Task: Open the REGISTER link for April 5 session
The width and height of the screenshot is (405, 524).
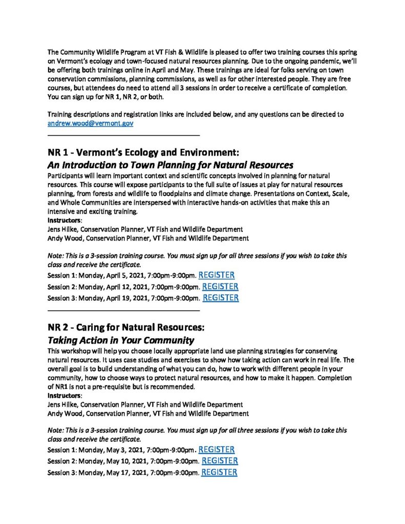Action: [216, 275]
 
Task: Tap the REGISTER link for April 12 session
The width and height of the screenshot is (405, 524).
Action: [220, 287]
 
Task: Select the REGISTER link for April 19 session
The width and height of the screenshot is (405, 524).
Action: [221, 297]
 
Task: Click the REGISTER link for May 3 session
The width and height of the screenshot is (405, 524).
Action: [216, 450]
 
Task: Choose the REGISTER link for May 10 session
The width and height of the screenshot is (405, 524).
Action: [220, 461]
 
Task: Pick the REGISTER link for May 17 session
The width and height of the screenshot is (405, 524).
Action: [219, 472]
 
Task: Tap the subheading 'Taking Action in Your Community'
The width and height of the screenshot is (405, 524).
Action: [121, 340]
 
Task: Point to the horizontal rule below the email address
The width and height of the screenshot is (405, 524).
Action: [123, 135]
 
